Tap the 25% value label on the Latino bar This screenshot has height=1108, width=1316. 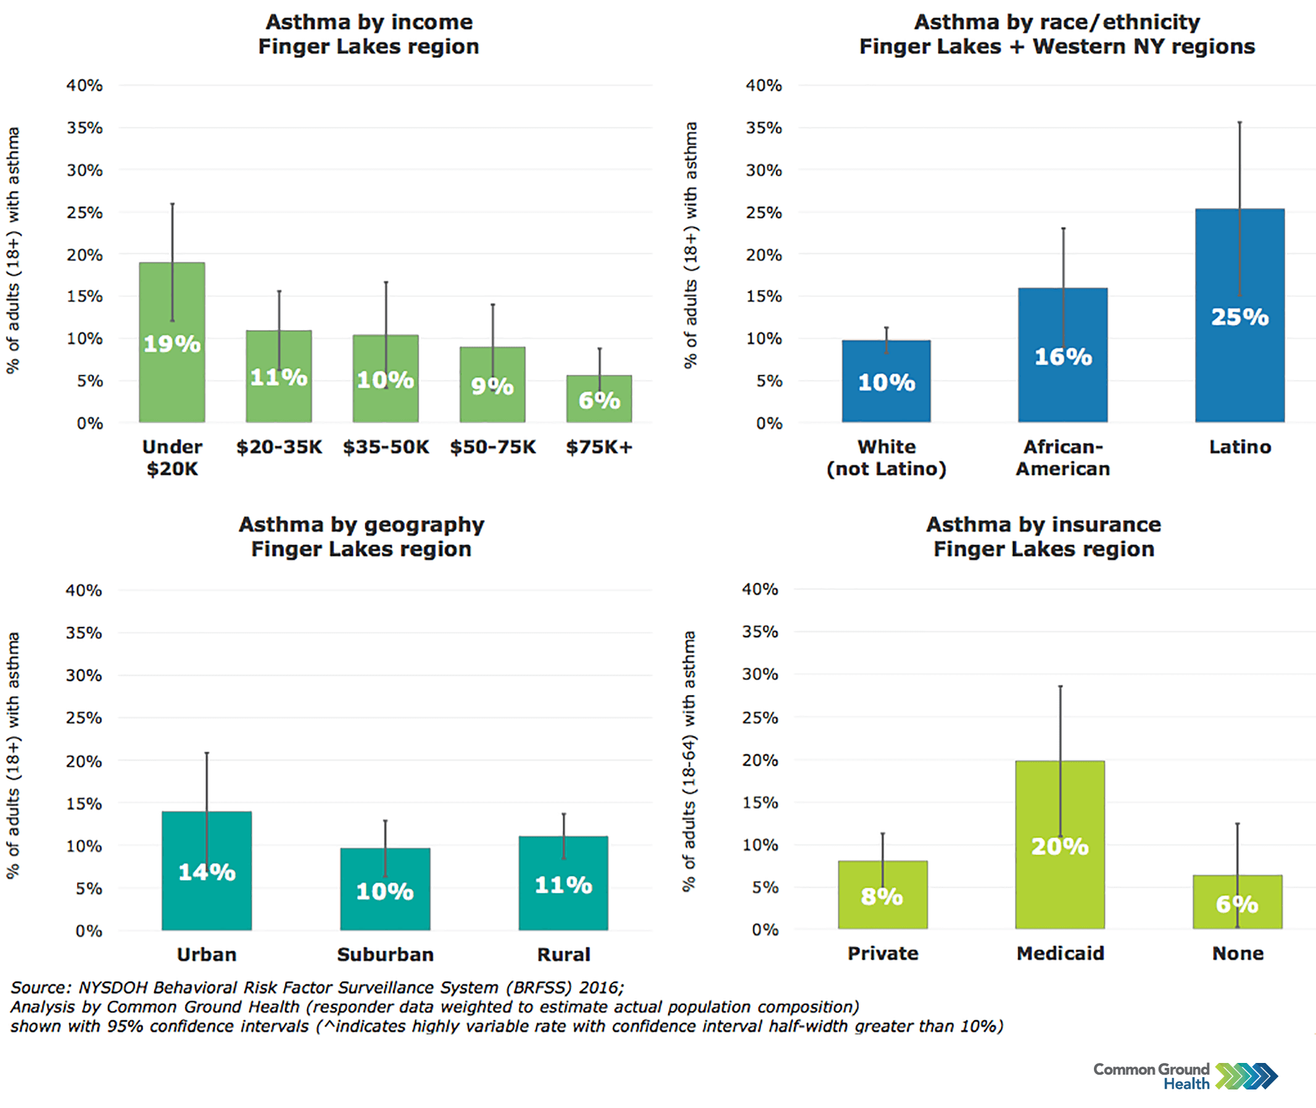pyautogui.click(x=1239, y=316)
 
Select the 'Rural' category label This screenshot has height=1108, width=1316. pyautogui.click(x=563, y=954)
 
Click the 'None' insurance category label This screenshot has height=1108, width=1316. pyautogui.click(x=1238, y=953)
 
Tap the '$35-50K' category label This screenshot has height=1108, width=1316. pyautogui.click(x=386, y=447)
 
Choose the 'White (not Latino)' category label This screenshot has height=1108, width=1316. pyautogui.click(x=886, y=457)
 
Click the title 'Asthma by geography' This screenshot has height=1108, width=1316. pyautogui.click(x=361, y=524)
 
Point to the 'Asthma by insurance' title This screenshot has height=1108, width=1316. pyautogui.click(x=1043, y=524)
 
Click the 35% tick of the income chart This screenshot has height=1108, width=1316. pyautogui.click(x=85, y=128)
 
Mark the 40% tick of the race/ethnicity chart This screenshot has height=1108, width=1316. pyautogui.click(x=763, y=85)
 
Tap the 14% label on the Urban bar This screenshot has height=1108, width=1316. pyautogui.click(x=207, y=872)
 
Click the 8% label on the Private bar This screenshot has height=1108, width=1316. pyautogui.click(x=882, y=896)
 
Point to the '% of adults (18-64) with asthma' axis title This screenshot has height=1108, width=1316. pyautogui.click(x=689, y=760)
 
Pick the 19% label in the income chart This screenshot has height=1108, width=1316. pyautogui.click(x=172, y=344)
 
